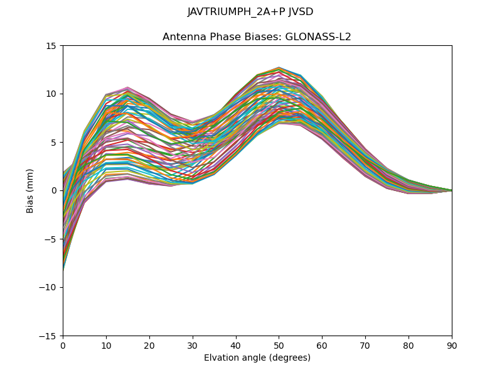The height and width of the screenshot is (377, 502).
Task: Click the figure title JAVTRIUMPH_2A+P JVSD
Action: [250, 12]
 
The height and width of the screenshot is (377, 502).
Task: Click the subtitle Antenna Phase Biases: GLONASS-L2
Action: [257, 37]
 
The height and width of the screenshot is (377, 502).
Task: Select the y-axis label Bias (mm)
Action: [30, 190]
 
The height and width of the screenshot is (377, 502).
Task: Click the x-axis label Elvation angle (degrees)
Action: [257, 358]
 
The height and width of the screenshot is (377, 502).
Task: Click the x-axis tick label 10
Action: [106, 346]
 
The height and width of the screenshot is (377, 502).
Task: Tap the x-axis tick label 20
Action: [149, 346]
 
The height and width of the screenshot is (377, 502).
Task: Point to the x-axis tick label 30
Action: [193, 346]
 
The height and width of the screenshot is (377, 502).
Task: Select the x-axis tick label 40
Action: [236, 346]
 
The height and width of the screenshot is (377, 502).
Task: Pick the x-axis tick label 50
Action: [279, 346]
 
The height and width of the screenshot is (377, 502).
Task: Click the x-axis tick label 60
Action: [322, 346]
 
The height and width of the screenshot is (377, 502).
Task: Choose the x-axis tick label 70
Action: [365, 346]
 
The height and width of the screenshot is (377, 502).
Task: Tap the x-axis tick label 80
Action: [409, 346]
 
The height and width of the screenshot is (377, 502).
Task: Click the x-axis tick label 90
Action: [452, 346]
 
